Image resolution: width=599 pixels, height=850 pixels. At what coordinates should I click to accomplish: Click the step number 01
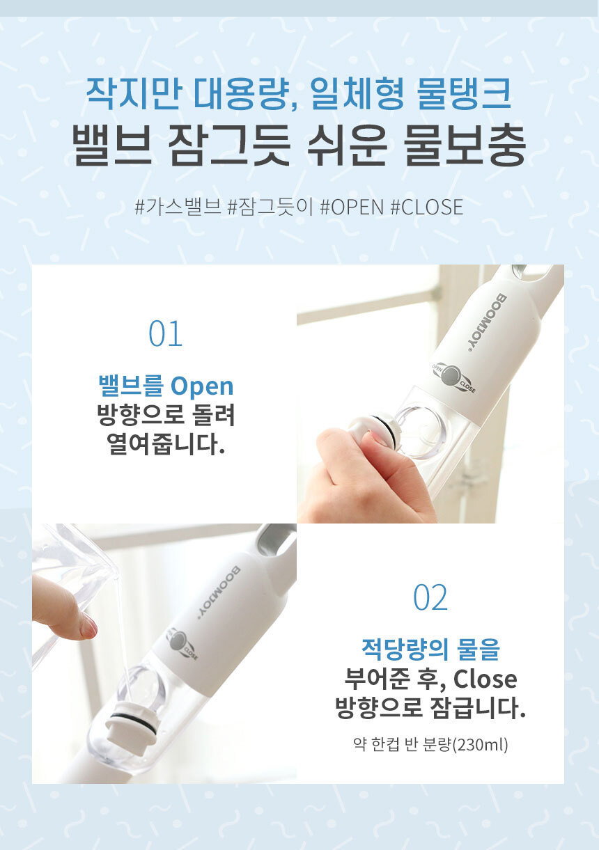[166, 333]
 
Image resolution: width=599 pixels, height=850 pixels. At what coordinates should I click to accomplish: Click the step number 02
[430, 597]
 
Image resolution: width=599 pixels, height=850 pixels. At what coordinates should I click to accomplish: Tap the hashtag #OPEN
[352, 207]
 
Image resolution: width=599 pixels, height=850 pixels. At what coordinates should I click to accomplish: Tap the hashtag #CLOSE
[427, 207]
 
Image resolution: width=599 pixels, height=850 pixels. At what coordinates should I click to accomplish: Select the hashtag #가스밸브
[178, 207]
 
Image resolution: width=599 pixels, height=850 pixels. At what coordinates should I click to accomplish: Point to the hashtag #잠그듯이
[270, 207]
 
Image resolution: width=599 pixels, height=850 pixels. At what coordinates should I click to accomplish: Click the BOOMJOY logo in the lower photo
[219, 593]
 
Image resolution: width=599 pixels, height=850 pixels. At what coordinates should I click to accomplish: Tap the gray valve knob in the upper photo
[452, 375]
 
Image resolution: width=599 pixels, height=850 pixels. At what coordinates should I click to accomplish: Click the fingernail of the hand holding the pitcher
[88, 624]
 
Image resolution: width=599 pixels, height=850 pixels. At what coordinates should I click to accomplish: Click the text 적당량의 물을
[430, 650]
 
